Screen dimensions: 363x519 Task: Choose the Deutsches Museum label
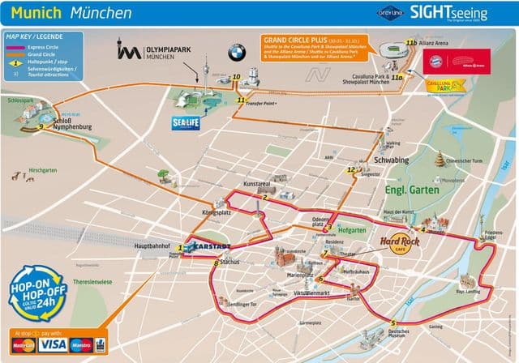pos(403,332)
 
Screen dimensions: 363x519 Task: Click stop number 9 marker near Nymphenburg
pos(40,126)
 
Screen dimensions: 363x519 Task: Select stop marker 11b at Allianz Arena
pos(411,42)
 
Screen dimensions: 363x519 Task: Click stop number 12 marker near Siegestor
pos(351,169)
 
